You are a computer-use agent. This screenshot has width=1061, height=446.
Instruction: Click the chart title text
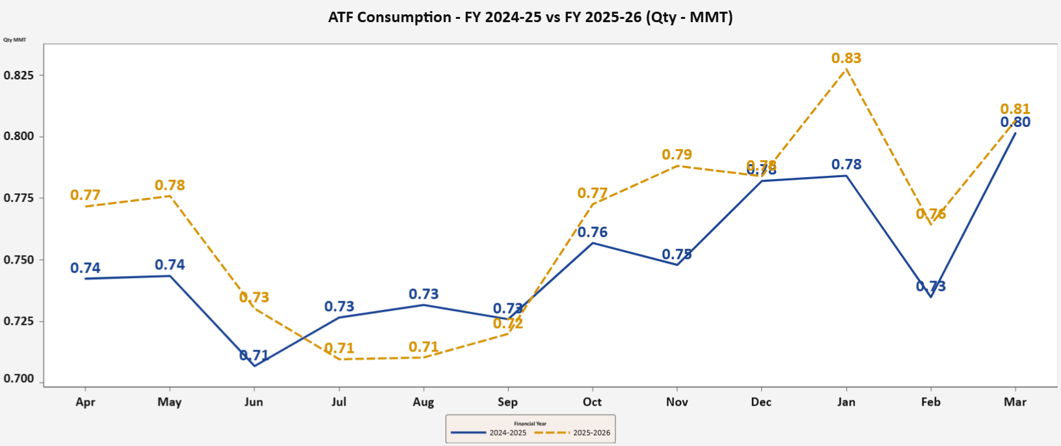530,18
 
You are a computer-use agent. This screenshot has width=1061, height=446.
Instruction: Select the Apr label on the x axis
85,402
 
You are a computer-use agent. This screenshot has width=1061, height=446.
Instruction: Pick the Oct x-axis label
592,402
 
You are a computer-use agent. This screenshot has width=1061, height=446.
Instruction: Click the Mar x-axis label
1015,402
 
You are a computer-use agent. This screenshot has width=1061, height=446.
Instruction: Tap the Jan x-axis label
846,402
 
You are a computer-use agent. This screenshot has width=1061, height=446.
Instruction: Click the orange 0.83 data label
846,58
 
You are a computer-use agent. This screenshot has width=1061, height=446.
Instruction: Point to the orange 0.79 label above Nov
677,154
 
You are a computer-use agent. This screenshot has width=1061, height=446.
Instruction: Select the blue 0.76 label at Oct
593,232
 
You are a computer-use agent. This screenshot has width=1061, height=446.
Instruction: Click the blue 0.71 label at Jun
254,355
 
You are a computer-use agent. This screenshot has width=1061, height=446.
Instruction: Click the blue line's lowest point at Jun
254,366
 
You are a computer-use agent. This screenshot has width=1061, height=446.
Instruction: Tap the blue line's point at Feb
931,297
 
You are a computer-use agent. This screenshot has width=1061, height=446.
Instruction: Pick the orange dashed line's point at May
170,195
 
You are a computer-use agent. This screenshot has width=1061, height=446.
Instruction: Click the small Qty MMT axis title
15,40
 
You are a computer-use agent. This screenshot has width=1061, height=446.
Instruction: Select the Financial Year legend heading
530,423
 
